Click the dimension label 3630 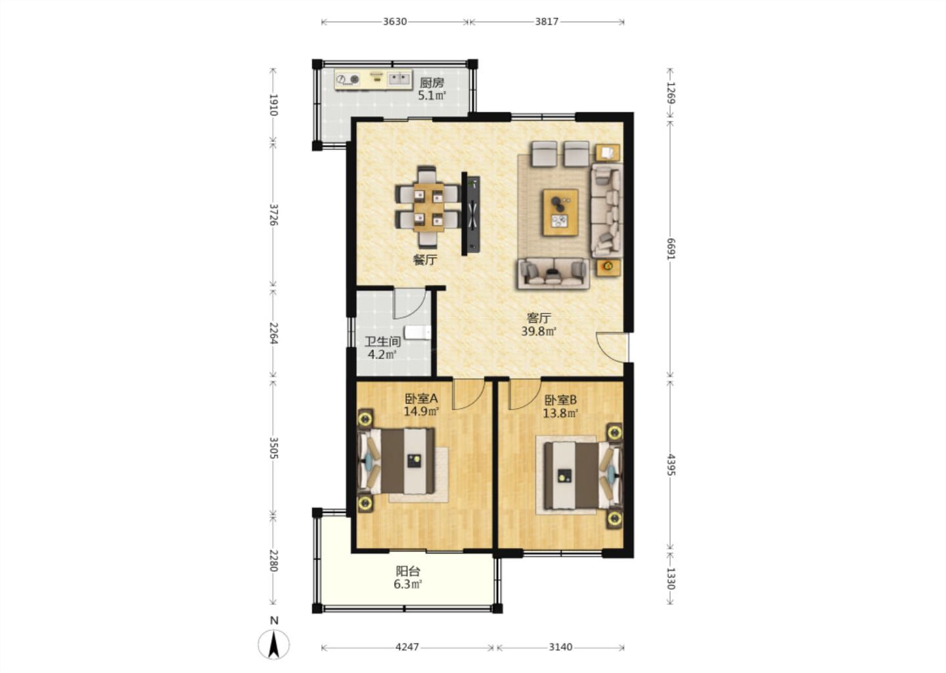pyautogui.click(x=394, y=22)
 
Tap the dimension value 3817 pyautogui.click(x=547, y=22)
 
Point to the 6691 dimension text pyautogui.click(x=671, y=249)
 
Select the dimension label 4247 pyautogui.click(x=407, y=647)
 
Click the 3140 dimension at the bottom pyautogui.click(x=560, y=647)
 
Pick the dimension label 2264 pyautogui.click(x=274, y=333)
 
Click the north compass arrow pyautogui.click(x=274, y=644)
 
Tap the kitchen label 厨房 pyautogui.click(x=432, y=83)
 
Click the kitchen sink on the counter pyautogui.click(x=399, y=79)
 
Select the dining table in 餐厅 pyautogui.click(x=428, y=207)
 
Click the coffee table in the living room pyautogui.click(x=560, y=212)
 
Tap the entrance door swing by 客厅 pyautogui.click(x=611, y=347)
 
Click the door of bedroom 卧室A pyautogui.click(x=468, y=394)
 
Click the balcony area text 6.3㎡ pyautogui.click(x=408, y=585)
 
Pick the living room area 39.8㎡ pyautogui.click(x=539, y=331)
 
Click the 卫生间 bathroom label pyautogui.click(x=382, y=341)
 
